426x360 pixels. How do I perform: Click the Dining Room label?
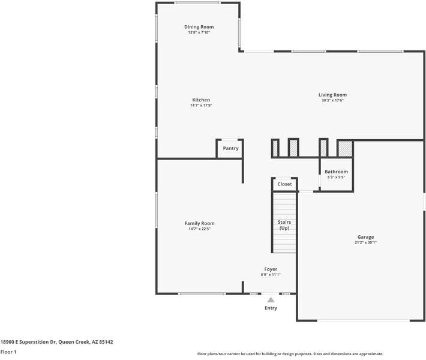point(199,27)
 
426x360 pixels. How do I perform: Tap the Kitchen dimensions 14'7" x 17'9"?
point(201,105)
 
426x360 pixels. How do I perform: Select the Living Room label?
point(332,95)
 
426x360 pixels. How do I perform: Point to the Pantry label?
point(230,148)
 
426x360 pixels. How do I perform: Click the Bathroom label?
point(336,172)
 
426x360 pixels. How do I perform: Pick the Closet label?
point(284,184)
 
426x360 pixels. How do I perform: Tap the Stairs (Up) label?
point(284,225)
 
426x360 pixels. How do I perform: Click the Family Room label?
point(199,223)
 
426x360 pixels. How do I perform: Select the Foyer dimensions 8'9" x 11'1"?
point(271,275)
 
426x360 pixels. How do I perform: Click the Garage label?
point(365,237)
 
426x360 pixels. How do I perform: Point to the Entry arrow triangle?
point(271,300)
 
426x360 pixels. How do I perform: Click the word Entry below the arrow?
point(271,308)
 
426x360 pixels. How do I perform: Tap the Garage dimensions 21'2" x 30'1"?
point(365,242)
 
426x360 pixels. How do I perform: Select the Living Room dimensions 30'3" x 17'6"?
point(332,100)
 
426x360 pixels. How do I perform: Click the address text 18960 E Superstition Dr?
point(29,342)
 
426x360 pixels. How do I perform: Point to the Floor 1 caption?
point(8,352)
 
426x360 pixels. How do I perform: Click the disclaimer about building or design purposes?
point(290,354)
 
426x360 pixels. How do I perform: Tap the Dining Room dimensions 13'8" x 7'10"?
point(199,32)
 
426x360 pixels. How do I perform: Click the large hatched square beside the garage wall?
point(346,149)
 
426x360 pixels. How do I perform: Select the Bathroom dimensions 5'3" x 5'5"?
point(336,177)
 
